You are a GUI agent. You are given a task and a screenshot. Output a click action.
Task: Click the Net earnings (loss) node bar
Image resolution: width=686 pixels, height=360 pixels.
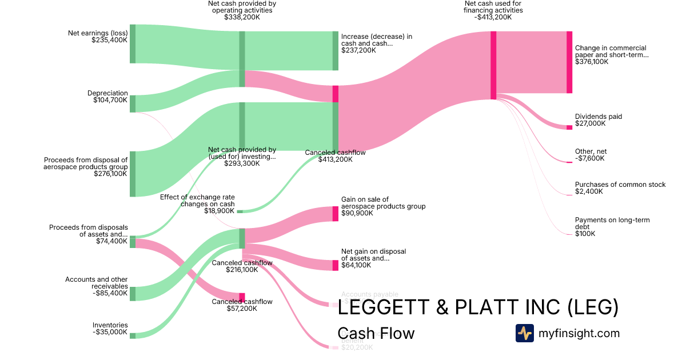(x=133, y=44)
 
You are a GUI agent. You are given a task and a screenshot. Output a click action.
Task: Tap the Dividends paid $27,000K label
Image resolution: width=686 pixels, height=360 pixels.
(x=598, y=120)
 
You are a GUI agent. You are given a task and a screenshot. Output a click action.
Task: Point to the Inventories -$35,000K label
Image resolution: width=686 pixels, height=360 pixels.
(x=110, y=329)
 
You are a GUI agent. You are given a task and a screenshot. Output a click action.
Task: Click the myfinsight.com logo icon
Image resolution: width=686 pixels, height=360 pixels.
(x=524, y=333)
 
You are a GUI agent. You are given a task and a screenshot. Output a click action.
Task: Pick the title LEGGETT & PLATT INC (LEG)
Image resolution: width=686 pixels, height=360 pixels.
(x=478, y=307)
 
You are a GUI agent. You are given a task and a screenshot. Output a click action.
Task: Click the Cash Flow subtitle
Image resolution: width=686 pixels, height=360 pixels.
(x=376, y=333)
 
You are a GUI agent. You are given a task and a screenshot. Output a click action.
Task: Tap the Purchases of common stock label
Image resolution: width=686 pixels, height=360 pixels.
(x=620, y=188)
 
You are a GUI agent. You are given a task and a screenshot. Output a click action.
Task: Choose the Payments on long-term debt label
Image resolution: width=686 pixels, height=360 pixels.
(x=612, y=227)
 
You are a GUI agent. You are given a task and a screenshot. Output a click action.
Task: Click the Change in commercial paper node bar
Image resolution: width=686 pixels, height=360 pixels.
(x=569, y=62)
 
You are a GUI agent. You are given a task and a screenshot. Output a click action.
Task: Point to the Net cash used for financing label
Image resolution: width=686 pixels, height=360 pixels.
(x=493, y=10)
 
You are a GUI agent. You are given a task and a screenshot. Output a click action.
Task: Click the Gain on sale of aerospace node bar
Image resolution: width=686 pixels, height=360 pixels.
(x=336, y=214)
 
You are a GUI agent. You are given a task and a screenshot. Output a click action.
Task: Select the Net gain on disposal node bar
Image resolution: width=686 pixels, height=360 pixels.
(x=336, y=265)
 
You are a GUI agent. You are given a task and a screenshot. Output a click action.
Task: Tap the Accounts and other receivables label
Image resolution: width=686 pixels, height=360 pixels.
(x=96, y=286)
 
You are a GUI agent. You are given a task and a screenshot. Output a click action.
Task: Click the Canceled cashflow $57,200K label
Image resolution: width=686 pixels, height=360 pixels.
(x=242, y=305)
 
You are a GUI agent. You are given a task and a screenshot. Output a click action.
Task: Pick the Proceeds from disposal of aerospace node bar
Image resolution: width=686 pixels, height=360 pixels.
(x=133, y=174)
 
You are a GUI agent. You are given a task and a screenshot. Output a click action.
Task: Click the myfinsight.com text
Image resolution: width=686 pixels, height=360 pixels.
(x=579, y=333)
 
